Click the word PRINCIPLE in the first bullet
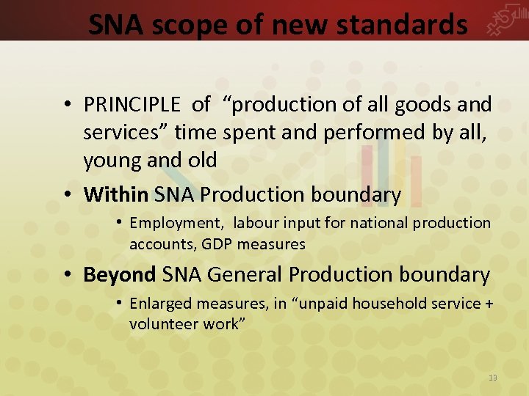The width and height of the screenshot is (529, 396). point(133,105)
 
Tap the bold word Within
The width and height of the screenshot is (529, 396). point(116,195)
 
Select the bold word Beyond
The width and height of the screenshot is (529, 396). point(120,275)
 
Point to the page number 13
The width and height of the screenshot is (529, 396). point(493,378)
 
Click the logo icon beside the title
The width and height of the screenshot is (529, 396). point(505,22)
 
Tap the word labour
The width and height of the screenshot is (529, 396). point(253,223)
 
